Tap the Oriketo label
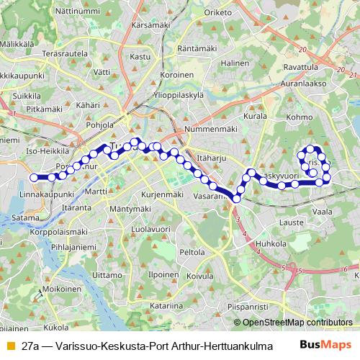pyautogui.click(x=218, y=12)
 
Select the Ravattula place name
pyautogui.click(x=301, y=67)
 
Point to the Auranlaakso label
pyautogui.click(x=304, y=83)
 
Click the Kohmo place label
pyautogui.click(x=300, y=116)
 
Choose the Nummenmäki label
pyautogui.click(x=210, y=129)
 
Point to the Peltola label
pyautogui.click(x=192, y=253)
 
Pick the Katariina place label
pyautogui.click(x=165, y=306)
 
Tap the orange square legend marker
pyautogui.click(x=9, y=346)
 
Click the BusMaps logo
pyautogui.click(x=326, y=346)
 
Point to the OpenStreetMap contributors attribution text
pyautogui.click(x=297, y=323)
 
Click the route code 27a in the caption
pyautogui.click(x=30, y=346)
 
